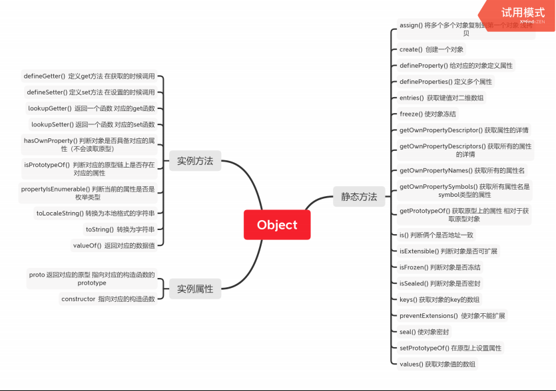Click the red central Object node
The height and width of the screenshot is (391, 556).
point(277,225)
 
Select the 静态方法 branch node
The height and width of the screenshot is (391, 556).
point(359,196)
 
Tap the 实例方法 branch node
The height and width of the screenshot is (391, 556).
point(194,160)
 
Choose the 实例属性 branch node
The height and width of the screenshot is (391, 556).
point(194,289)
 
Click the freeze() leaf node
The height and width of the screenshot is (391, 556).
point(427,114)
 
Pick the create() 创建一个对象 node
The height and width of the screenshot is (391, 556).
point(431,49)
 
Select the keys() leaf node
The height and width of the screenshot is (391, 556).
point(439,299)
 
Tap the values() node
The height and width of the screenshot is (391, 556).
point(437,364)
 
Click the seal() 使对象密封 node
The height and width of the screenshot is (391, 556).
point(423,331)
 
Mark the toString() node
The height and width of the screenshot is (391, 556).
point(120,229)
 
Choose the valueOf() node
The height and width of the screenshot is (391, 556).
point(115,245)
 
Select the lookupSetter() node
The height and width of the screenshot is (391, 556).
point(93,124)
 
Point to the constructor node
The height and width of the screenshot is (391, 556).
point(108,299)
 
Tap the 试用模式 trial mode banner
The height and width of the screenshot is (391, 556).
point(523,13)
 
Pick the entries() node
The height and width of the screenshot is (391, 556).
point(441,98)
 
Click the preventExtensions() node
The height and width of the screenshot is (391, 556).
point(452,315)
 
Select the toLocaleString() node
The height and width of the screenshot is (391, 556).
point(95,213)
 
